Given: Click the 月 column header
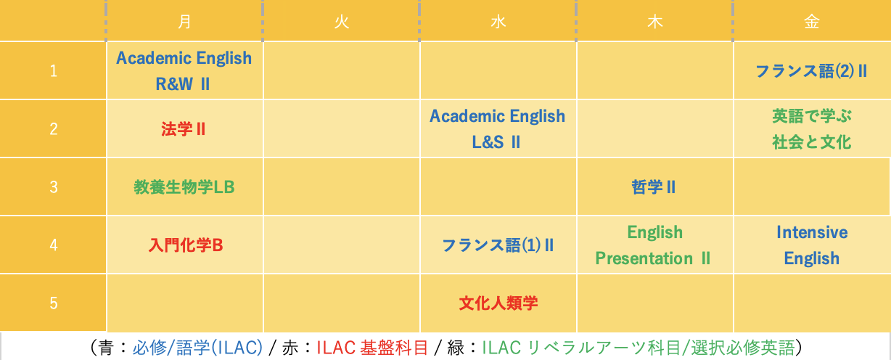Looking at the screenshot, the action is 184,22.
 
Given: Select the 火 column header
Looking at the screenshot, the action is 342,22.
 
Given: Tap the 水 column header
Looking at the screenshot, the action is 498,22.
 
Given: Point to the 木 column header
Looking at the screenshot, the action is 654,22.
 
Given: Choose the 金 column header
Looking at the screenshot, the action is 811,22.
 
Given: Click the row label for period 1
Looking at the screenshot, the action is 53,71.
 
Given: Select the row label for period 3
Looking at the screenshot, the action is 53,187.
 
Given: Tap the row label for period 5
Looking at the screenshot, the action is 53,303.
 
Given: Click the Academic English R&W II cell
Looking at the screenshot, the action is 184,71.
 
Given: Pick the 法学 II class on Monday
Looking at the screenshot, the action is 184,129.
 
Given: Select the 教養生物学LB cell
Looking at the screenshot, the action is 184,187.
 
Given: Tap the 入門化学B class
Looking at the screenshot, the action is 185,245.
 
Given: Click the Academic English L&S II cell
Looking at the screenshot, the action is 497,129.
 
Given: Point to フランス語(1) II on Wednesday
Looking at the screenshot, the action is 498,245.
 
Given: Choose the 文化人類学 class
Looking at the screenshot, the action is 498,303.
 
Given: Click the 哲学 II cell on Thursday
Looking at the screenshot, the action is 654,187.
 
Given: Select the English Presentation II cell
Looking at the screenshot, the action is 653,245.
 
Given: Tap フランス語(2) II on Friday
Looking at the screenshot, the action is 811,71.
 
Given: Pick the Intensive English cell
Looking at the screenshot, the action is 812,245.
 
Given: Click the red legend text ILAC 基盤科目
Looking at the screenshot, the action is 372,348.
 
